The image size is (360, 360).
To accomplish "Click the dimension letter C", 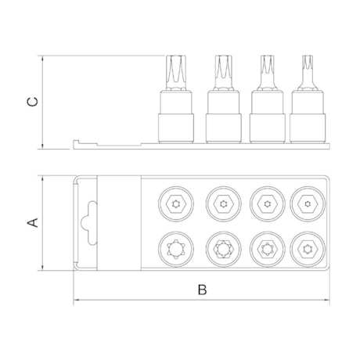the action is [x=33, y=102].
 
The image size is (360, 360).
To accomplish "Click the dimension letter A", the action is [x=33, y=222].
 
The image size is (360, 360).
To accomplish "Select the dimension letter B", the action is [x=202, y=290].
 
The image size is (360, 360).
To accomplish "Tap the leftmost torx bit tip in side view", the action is [x=176, y=73].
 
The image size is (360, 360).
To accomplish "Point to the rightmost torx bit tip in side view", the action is [x=308, y=73].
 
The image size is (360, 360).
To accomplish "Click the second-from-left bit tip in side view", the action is [x=223, y=73].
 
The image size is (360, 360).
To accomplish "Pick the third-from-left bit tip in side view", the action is [x=268, y=73].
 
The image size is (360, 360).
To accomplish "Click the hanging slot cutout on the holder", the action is [x=89, y=223].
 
